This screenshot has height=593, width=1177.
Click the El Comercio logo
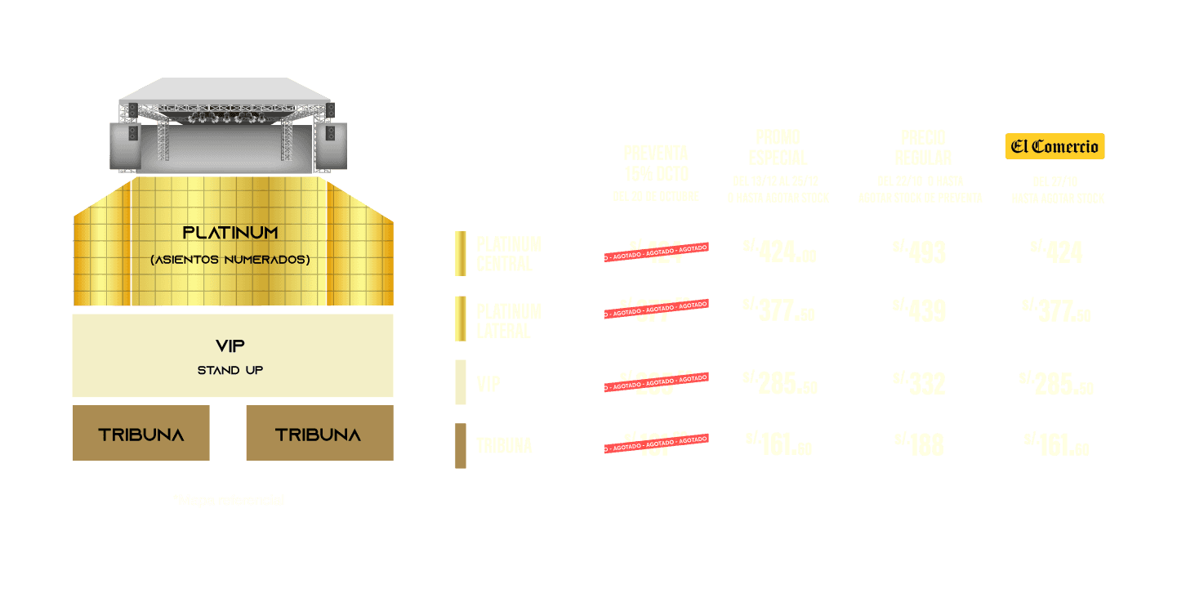point(1054,146)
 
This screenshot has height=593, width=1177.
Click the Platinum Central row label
point(508,253)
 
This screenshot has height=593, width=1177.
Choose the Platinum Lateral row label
point(508,320)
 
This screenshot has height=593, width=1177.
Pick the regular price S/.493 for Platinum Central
point(921,252)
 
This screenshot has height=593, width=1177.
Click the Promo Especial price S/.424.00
point(779,252)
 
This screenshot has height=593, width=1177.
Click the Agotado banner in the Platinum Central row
point(656,252)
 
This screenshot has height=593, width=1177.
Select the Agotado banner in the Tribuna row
point(656,444)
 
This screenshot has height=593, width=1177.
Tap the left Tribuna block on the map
point(141,433)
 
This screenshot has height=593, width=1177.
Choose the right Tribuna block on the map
point(319,433)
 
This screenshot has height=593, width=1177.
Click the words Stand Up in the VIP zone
point(230,370)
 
